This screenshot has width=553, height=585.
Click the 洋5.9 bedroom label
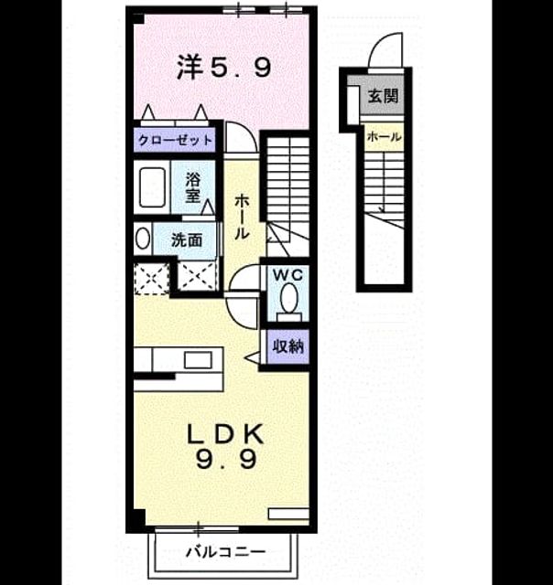223,67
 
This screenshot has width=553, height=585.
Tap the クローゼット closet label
175,141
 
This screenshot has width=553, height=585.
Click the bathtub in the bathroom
153,187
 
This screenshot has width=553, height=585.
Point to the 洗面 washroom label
187,239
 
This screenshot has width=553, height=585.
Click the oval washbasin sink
143,239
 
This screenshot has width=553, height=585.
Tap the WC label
287,275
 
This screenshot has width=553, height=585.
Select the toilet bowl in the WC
288,299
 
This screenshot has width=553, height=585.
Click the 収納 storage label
288,347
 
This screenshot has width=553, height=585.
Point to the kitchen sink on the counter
198,360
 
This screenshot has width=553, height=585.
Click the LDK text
225,434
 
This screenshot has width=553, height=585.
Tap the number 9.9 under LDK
226,459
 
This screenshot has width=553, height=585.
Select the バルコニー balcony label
226,551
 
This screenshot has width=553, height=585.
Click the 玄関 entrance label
383,96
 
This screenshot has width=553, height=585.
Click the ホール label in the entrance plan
384,137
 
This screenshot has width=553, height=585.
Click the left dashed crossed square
151,278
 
